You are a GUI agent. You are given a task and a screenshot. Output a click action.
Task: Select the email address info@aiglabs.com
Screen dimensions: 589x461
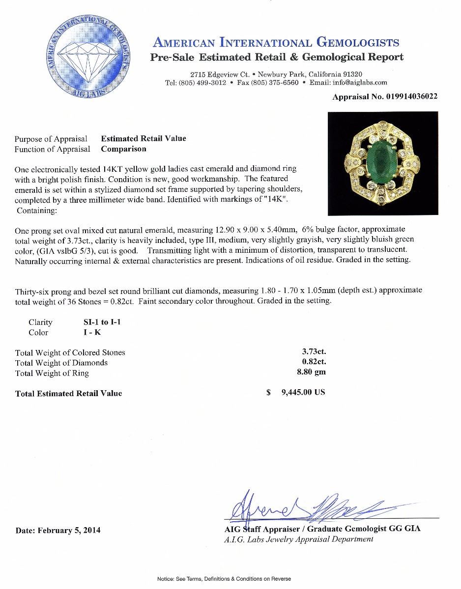(361, 82)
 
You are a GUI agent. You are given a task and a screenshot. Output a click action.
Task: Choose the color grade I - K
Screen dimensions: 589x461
(93, 332)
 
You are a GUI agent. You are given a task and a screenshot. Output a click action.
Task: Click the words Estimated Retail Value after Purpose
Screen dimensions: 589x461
(144, 138)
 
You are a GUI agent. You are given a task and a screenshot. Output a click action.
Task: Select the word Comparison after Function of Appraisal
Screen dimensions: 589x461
(123, 149)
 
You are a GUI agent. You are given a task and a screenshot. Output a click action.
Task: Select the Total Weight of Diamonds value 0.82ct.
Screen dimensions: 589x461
(314, 362)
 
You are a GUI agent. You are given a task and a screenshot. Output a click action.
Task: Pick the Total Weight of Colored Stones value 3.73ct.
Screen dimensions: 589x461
(314, 351)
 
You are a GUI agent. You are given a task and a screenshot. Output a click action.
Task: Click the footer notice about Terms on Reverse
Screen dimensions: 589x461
(224, 579)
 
